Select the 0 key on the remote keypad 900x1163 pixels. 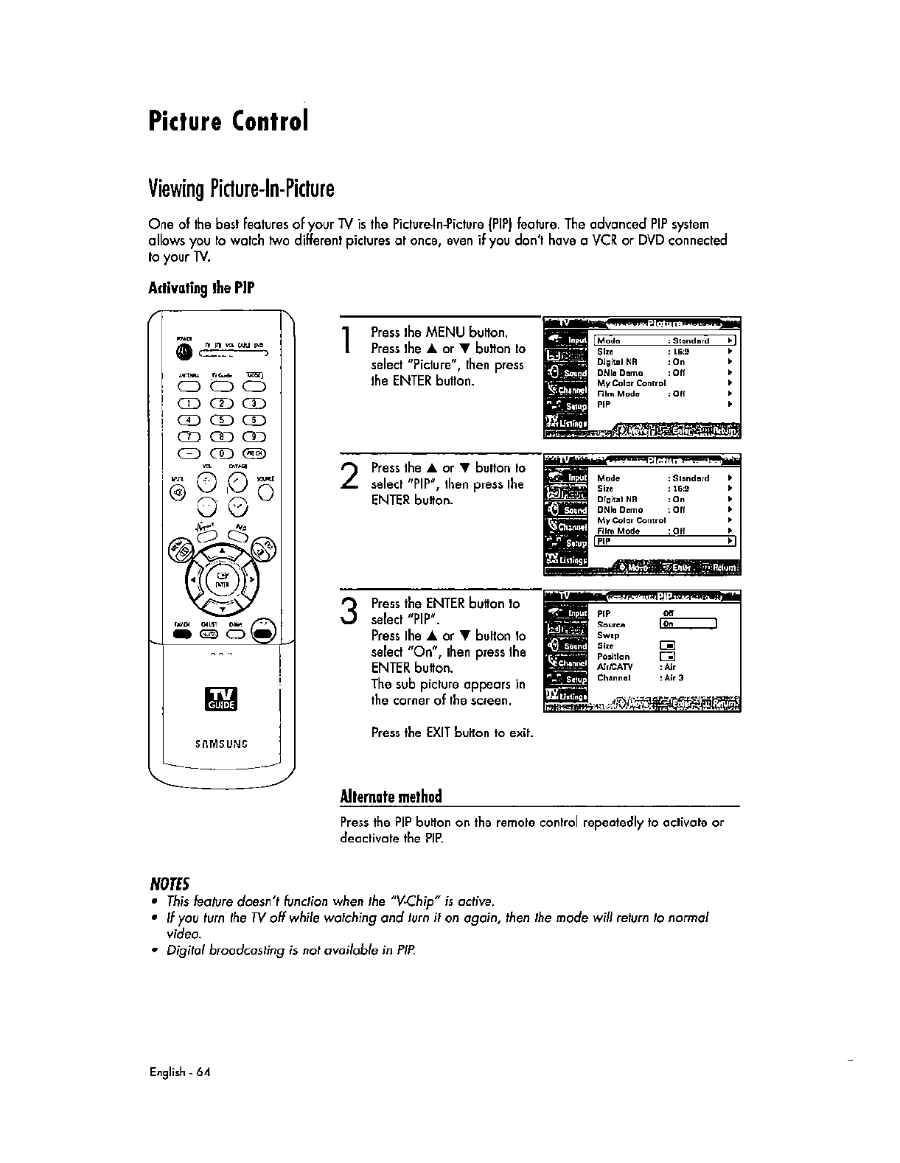coord(219,453)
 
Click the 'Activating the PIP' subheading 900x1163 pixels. coord(201,287)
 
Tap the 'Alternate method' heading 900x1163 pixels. coord(391,797)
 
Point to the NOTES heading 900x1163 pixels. coord(170,883)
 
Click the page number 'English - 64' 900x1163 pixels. coord(180,1072)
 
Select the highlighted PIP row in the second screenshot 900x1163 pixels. coord(665,541)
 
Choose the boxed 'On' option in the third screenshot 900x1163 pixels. coord(688,624)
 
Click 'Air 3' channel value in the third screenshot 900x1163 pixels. coord(672,677)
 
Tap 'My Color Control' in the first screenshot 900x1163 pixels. coord(631,383)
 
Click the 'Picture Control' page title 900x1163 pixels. coord(227,120)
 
